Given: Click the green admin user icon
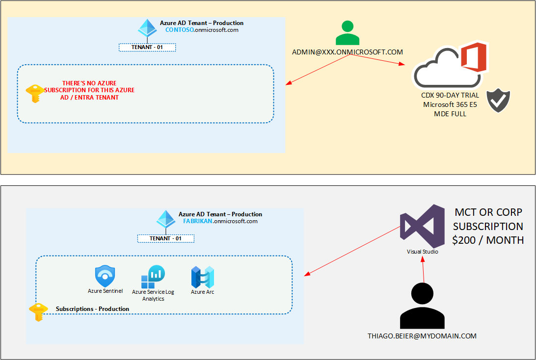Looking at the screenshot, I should tap(348, 33).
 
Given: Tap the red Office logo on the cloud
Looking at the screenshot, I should tap(473, 57).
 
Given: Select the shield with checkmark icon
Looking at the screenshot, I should tap(498, 101).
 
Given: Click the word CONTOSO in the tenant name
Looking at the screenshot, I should tap(180, 30).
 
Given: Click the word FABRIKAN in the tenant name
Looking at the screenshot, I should tap(198, 221).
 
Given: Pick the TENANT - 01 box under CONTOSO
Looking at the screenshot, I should tap(147, 48).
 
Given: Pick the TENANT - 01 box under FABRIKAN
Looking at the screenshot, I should tap(166, 239).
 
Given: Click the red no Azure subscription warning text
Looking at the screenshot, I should tap(89, 90).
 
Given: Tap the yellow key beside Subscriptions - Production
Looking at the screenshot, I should tap(38, 311).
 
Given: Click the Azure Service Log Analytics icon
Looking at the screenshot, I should tap(153, 277).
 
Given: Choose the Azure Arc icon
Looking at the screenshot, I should tap(203, 277).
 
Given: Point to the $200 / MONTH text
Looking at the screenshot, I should tap(488, 240).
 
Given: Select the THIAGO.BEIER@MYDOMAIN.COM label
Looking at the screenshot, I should tap(422, 336).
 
